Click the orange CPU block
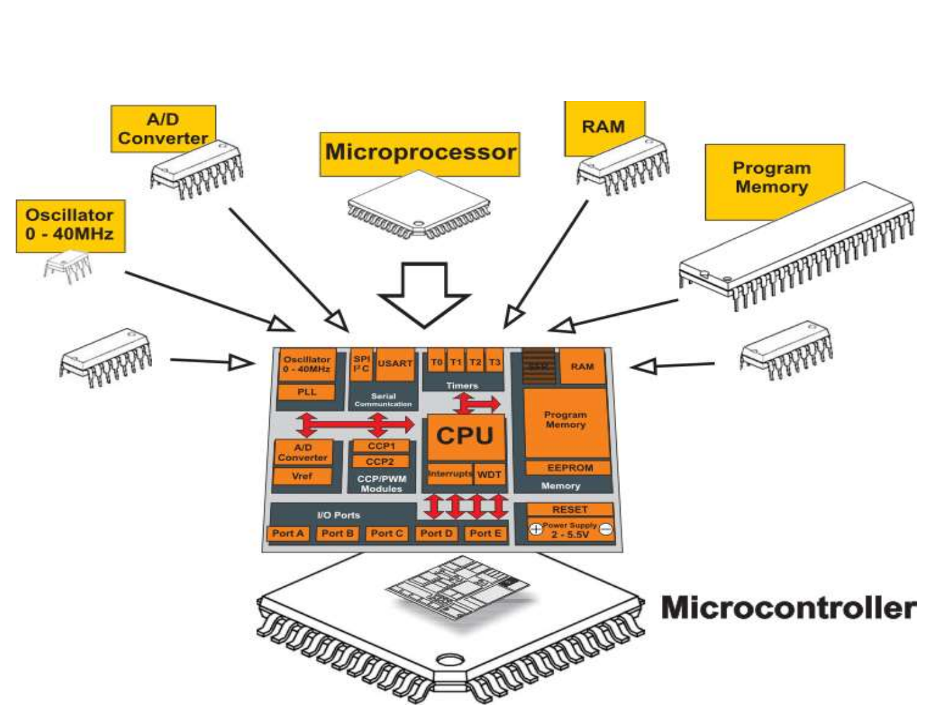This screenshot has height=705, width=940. point(465,436)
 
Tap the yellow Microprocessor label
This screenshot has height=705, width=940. point(420,153)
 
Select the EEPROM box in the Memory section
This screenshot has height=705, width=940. point(569,468)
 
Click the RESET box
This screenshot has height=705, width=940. point(569,509)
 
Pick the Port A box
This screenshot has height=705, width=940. point(288,533)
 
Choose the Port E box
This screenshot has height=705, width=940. point(485,533)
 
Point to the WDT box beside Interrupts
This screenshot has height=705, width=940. point(489,474)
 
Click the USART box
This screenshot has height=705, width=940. point(395,364)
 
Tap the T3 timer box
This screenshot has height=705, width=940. point(495,362)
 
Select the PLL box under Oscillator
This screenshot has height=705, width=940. point(307,392)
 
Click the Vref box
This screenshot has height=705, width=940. point(302,477)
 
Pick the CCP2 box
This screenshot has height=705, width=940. point(381,462)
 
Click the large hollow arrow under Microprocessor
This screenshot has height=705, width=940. point(424,294)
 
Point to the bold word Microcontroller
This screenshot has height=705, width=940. point(789,608)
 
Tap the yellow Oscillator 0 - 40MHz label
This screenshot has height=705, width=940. point(70,225)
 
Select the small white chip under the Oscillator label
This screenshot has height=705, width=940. point(67,268)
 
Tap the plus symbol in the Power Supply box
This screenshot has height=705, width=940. point(535,529)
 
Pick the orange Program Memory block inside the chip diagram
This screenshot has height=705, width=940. point(565,421)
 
